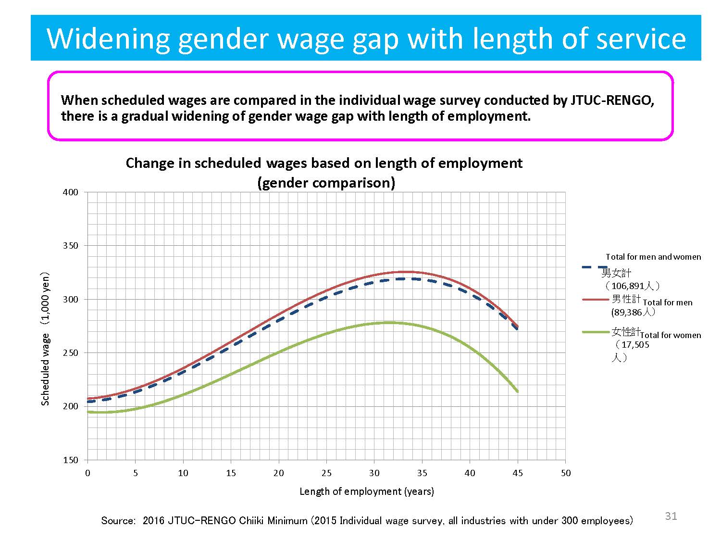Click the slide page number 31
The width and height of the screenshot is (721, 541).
(671, 516)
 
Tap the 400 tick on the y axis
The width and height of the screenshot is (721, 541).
(70, 192)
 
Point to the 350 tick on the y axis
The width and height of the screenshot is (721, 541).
(70, 246)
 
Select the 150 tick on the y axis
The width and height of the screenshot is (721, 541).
(70, 460)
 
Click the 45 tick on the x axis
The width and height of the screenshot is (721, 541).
(518, 473)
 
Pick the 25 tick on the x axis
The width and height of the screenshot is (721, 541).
(326, 473)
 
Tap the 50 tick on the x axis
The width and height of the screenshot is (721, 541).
(566, 473)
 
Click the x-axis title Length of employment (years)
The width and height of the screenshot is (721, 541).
(366, 491)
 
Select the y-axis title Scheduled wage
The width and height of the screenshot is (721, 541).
(45, 339)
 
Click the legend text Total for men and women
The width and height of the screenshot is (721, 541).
(653, 257)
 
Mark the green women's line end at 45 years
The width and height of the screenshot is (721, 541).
(517, 391)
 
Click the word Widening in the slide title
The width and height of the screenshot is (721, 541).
(108, 38)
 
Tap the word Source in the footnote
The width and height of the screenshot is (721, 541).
(118, 521)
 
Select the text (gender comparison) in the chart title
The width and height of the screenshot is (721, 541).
(326, 183)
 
